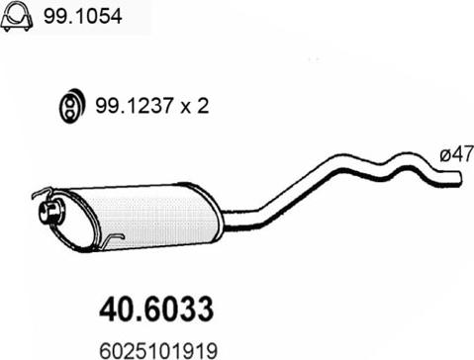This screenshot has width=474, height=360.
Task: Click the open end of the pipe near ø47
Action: point(461,178)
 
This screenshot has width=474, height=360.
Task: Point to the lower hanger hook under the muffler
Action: point(116,237)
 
